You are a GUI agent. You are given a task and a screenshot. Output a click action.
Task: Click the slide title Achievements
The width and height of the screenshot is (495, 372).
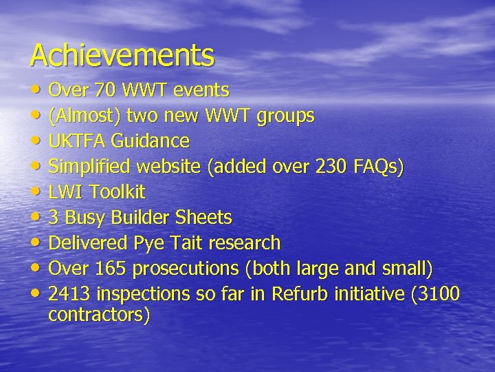(122, 55)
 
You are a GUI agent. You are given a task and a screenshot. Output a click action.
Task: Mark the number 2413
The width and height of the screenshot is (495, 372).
(70, 293)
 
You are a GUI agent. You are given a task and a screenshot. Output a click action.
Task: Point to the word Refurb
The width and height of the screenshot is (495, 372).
(300, 293)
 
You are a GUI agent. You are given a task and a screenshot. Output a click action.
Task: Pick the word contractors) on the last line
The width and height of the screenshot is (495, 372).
(98, 315)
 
